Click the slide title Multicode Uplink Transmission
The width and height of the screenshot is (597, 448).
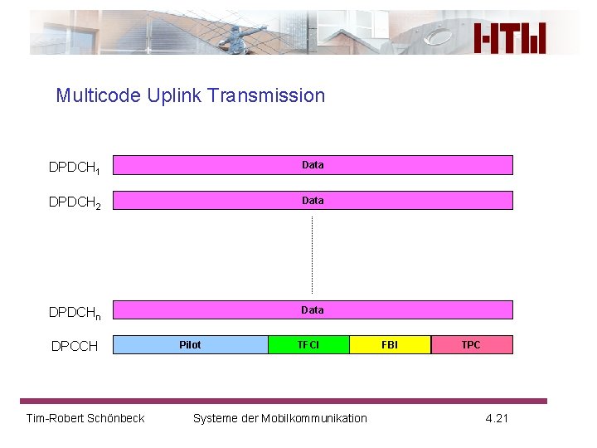(190, 95)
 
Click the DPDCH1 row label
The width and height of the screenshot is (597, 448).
(75, 168)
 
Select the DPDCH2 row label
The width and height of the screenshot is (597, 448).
(75, 202)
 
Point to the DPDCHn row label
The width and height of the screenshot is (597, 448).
(75, 313)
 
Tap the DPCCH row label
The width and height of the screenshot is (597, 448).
(75, 346)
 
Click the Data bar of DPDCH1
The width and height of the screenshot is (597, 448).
(313, 165)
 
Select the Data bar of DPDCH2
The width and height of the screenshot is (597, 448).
(313, 201)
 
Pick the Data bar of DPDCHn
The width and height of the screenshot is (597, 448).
(313, 310)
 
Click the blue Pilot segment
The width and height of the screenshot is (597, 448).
(190, 345)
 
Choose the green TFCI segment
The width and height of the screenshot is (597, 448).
(308, 345)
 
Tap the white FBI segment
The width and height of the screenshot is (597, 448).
(390, 345)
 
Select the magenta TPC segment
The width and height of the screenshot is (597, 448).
(471, 345)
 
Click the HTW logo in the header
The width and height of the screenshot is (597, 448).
(510, 37)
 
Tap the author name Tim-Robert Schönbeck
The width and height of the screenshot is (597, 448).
(85, 418)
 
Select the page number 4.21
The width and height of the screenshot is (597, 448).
(497, 418)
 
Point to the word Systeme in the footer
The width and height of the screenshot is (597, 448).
(214, 418)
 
